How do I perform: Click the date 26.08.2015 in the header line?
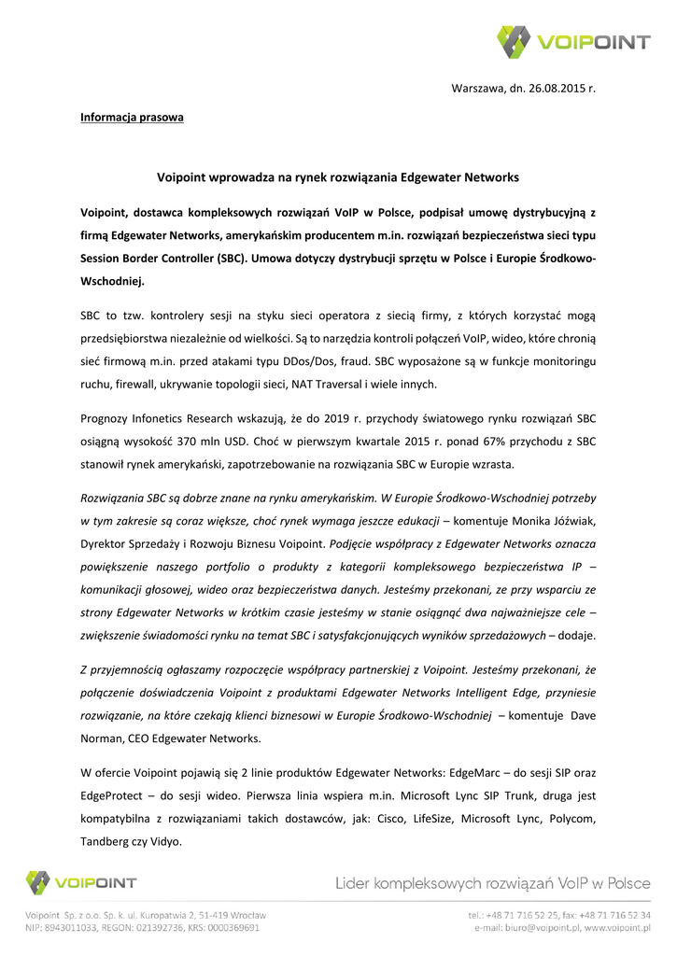click(x=549, y=89)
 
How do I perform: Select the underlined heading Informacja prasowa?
click(x=132, y=118)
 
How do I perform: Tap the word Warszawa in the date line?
click(x=479, y=89)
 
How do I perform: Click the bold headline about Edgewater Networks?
click(x=337, y=176)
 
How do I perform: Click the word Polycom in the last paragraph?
click(x=566, y=819)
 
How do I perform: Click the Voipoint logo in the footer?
click(x=81, y=882)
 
